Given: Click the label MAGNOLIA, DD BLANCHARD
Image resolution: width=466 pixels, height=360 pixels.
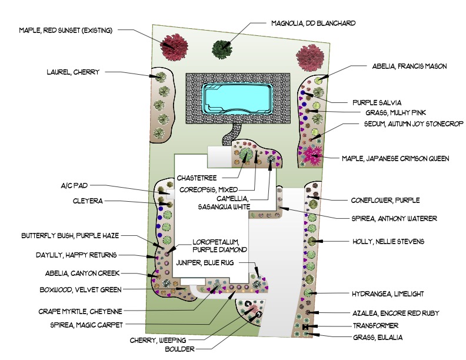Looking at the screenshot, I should (313, 24).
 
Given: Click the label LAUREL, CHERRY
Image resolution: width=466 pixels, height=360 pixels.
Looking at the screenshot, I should (73, 72).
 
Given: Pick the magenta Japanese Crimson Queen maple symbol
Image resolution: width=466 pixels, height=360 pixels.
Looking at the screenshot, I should (312, 155).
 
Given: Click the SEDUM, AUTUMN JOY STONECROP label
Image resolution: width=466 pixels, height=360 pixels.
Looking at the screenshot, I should (405, 124).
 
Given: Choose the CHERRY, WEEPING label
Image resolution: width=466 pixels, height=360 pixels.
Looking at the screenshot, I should (158, 340).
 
